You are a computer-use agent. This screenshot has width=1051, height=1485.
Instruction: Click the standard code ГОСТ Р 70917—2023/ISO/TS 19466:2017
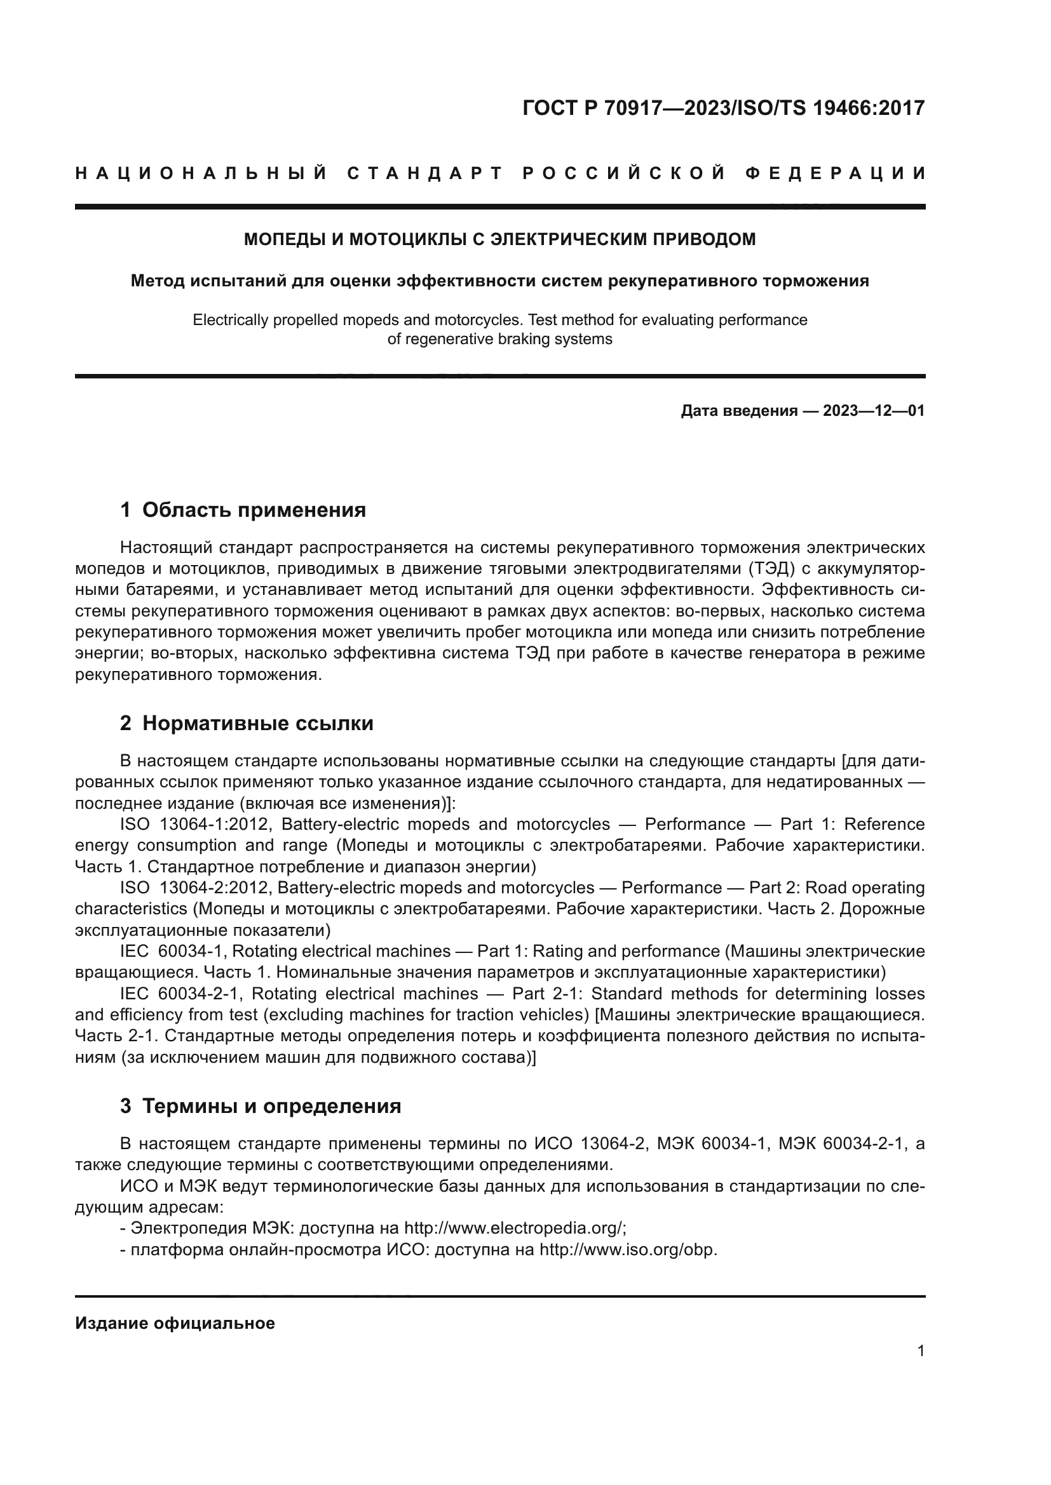click(723, 108)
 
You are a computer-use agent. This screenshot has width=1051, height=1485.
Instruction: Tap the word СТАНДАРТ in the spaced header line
click(424, 173)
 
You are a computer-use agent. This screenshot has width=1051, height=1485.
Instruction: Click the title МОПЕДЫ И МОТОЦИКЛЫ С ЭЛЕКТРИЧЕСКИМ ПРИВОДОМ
click(499, 239)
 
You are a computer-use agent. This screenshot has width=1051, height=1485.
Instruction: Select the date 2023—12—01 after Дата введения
click(873, 411)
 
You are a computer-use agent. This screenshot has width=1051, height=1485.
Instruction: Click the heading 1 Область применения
click(243, 510)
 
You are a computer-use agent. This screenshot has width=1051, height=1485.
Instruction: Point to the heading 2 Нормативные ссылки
click(247, 723)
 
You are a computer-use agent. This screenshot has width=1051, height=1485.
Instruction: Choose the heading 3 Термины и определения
click(260, 1106)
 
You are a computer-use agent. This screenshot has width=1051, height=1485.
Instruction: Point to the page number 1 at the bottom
click(920, 1351)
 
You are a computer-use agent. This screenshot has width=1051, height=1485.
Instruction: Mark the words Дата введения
click(738, 411)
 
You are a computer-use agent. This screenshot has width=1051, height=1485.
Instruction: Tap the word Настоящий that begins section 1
click(166, 548)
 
